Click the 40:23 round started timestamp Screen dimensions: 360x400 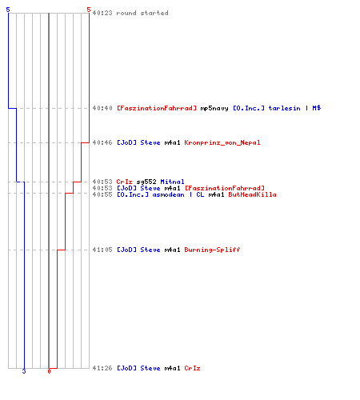click(102, 13)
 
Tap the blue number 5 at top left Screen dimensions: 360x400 click(8, 10)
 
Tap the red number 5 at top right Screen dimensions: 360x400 click(89, 10)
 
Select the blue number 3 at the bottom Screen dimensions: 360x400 click(24, 371)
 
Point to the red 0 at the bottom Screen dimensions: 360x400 click(49, 371)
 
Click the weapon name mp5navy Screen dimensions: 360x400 click(214, 108)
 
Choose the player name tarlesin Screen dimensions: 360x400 click(284, 108)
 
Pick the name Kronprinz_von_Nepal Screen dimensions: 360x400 click(222, 142)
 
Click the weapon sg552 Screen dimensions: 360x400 click(146, 182)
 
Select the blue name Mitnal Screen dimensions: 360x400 click(172, 182)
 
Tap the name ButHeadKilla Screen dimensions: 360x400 click(252, 194)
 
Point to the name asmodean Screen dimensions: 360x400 click(168, 194)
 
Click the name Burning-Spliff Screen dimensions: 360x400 click(212, 250)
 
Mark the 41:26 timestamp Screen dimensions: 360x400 click(102, 368)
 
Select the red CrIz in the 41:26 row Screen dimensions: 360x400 click(192, 368)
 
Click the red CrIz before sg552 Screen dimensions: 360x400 click(124, 182)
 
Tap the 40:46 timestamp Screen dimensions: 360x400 click(102, 142)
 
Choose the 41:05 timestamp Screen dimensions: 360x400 click(102, 250)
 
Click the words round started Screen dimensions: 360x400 click(142, 13)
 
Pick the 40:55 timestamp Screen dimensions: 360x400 click(102, 194)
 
